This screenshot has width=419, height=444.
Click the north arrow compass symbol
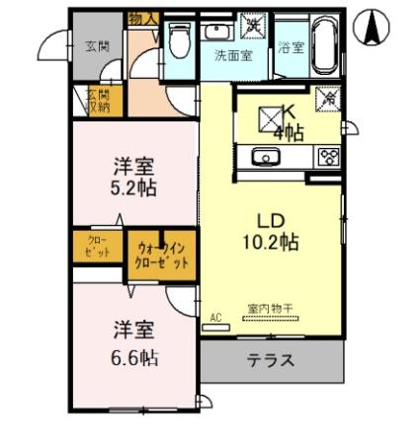coord(373,28)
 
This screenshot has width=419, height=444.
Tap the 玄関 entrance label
coord(96,45)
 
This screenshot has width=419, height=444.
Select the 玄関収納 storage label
coord(96,101)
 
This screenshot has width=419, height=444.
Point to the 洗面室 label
coord(233,55)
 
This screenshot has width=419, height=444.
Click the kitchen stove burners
coord(327,156)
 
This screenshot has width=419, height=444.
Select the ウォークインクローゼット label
coord(160,255)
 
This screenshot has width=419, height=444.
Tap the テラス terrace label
coord(270,360)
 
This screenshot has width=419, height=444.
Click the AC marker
coord(217,318)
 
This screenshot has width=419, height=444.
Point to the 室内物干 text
coord(270,309)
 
